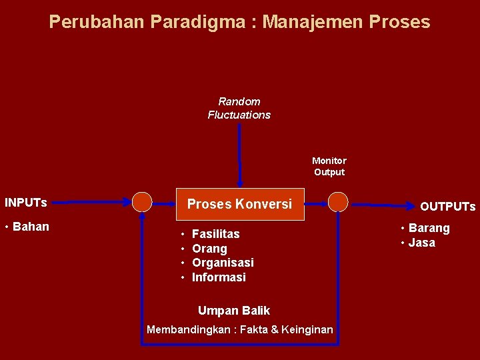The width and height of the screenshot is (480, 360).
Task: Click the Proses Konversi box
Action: click(239, 204)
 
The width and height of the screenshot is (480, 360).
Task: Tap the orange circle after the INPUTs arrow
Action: click(142, 201)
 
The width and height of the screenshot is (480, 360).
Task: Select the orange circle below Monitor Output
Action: click(338, 201)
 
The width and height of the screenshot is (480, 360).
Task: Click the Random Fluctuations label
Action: click(239, 108)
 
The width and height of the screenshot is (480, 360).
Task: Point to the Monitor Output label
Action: click(329, 166)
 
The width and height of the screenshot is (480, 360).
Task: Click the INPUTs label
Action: click(26, 202)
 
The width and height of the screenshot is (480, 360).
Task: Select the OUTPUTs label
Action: click(447, 207)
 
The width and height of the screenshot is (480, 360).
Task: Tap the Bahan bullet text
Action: click(31, 227)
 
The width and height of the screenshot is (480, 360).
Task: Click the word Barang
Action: click(429, 228)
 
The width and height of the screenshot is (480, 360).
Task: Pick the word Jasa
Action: click(421, 243)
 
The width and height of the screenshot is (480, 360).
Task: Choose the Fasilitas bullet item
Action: click(215, 234)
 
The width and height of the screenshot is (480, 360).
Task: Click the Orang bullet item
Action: click(209, 249)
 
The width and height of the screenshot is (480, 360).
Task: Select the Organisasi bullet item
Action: click(223, 263)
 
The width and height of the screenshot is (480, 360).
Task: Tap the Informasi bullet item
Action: click(219, 277)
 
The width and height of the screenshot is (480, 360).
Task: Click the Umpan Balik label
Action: click(234, 311)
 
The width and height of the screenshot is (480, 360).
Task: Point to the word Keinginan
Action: click(307, 330)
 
